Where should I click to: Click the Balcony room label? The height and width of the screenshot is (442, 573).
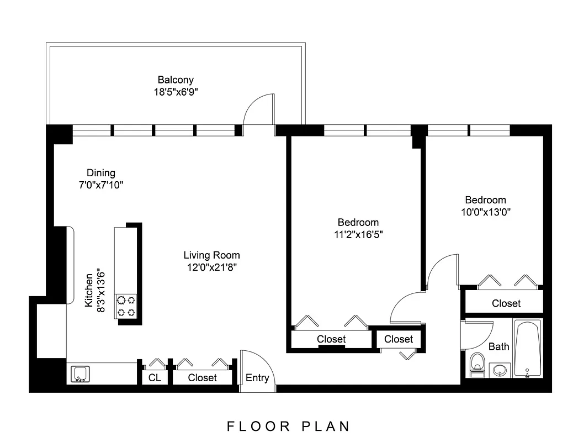pyautogui.click(x=176, y=80)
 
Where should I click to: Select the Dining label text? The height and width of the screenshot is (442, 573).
pyautogui.click(x=100, y=173)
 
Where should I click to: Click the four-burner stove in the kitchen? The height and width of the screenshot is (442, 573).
pyautogui.click(x=126, y=306)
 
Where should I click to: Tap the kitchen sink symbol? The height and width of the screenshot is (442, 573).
pyautogui.click(x=81, y=375)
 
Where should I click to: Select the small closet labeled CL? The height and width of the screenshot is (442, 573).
pyautogui.click(x=155, y=378)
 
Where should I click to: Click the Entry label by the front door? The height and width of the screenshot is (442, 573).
pyautogui.click(x=257, y=378)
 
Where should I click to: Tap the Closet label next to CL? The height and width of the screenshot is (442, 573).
pyautogui.click(x=202, y=378)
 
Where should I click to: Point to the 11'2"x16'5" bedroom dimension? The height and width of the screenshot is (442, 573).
pyautogui.click(x=358, y=234)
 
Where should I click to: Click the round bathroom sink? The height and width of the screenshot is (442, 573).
pyautogui.click(x=501, y=370)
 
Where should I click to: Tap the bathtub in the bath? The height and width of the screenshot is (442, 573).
pyautogui.click(x=528, y=349)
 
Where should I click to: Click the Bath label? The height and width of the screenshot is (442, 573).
pyautogui.click(x=499, y=347)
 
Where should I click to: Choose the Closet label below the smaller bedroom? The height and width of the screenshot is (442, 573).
pyautogui.click(x=506, y=303)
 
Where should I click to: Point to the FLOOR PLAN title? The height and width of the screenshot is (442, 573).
pyautogui.click(x=289, y=426)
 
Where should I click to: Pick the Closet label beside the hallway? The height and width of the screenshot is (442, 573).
pyautogui.click(x=398, y=339)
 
